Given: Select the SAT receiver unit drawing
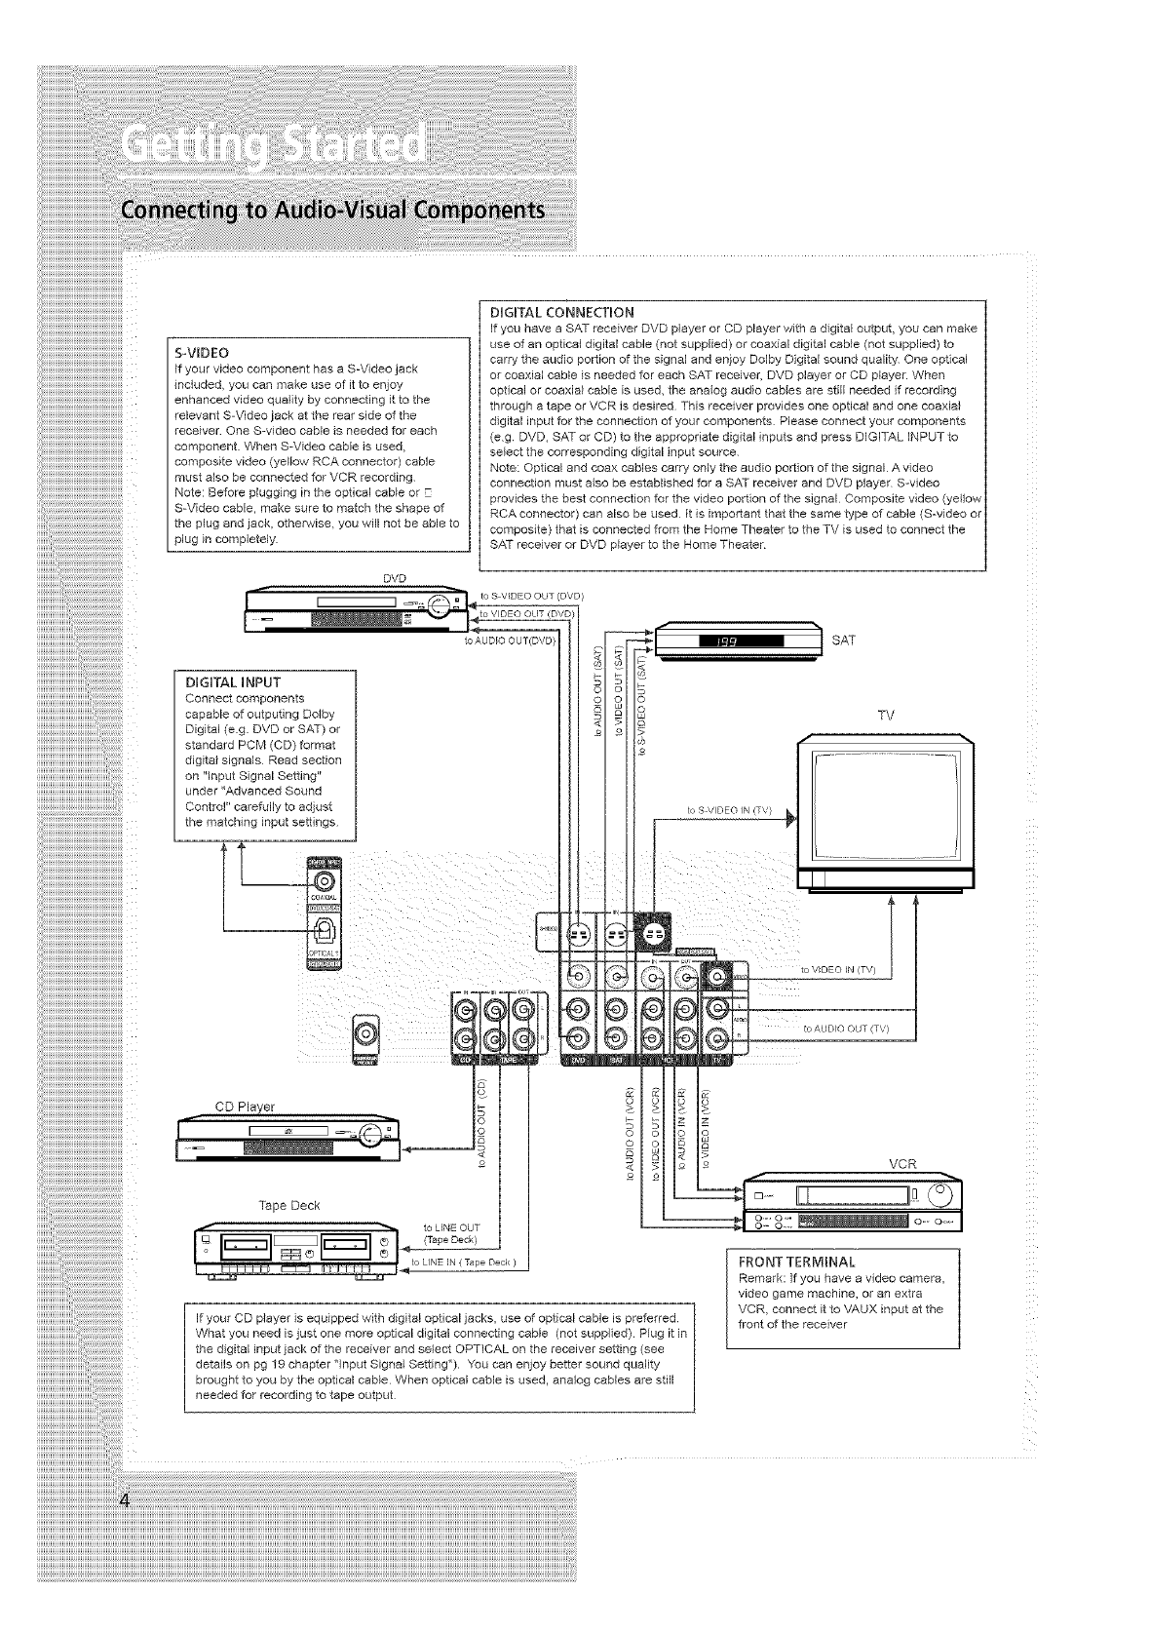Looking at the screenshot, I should (x=738, y=641).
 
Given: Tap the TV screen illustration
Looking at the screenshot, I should (x=884, y=801).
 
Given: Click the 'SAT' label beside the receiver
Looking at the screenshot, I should (x=844, y=641).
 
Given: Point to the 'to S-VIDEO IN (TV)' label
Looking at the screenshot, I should (x=729, y=809).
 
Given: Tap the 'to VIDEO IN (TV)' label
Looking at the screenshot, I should (x=838, y=969).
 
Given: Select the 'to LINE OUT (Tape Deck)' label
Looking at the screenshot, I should (x=449, y=1233).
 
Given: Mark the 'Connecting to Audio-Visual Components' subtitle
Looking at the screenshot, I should (x=330, y=212).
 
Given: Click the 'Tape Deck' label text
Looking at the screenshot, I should (x=289, y=1205).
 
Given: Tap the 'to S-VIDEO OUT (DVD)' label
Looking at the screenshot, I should (x=532, y=595).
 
